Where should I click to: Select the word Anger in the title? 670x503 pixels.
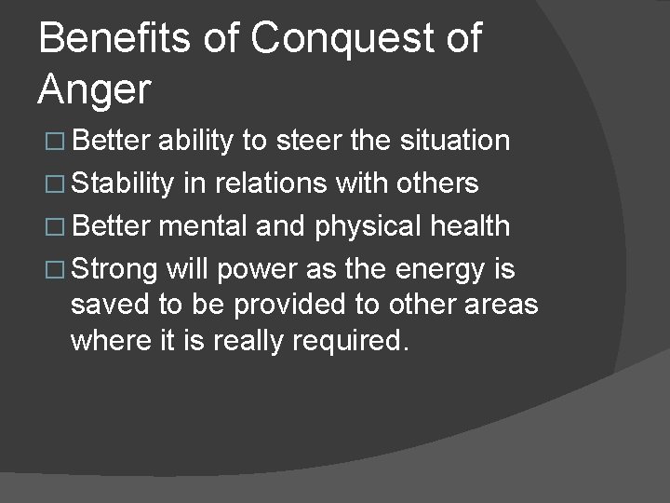click(x=94, y=90)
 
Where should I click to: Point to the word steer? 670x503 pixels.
click(x=308, y=141)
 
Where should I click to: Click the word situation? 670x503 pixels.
click(x=454, y=141)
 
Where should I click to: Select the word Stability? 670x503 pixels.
click(x=122, y=184)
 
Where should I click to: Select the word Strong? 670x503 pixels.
click(x=114, y=270)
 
